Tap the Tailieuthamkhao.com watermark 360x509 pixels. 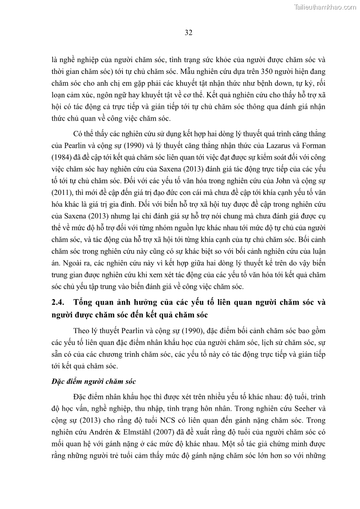[x=325, y=7]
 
